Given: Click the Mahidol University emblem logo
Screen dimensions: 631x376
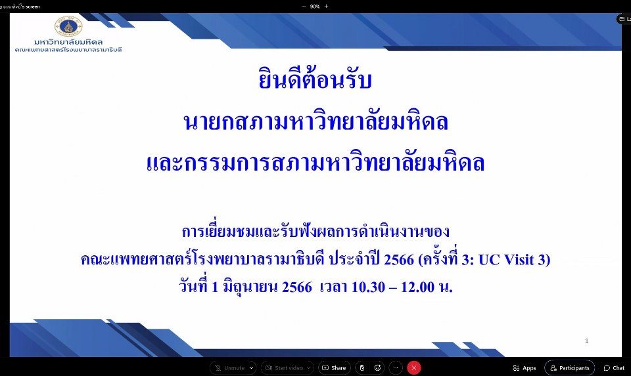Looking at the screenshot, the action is tap(68, 26).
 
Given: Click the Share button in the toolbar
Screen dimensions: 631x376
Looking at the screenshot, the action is tap(335, 367).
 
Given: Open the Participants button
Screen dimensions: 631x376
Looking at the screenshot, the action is tap(569, 367).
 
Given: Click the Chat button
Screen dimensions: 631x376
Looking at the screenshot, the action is tap(614, 367).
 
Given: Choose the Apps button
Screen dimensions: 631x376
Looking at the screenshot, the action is tap(525, 367).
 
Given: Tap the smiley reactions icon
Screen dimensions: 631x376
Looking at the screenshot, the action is tap(377, 367).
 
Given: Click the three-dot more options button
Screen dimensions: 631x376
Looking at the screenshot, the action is tap(396, 367).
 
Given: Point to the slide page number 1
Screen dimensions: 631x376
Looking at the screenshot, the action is tap(587, 341).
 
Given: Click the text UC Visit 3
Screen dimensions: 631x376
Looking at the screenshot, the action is tap(513, 259).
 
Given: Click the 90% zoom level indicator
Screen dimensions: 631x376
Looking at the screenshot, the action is tap(315, 7).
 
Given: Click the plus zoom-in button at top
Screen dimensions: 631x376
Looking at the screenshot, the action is tap(327, 7).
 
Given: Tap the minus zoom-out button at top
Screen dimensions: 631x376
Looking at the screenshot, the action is tap(304, 7).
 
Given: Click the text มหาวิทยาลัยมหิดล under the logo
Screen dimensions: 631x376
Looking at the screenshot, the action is tap(68, 42).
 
